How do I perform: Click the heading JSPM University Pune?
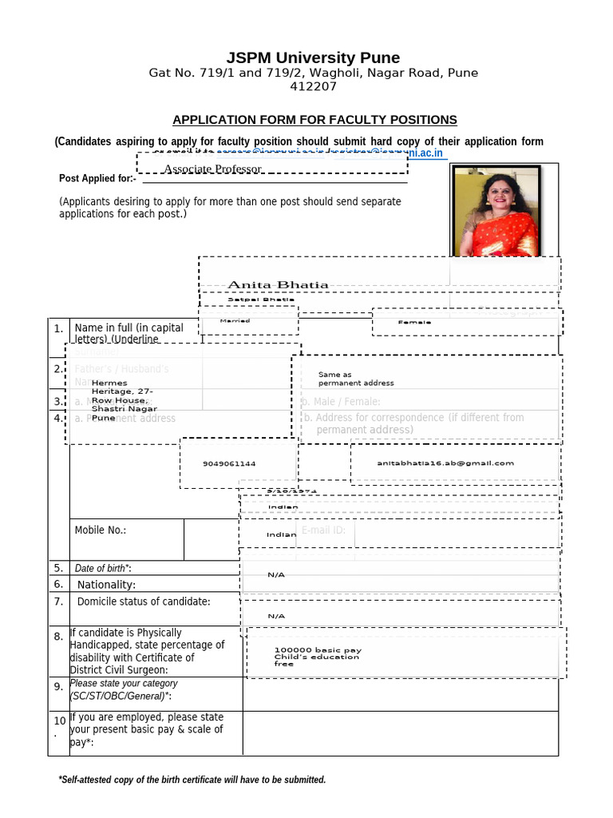[313, 58]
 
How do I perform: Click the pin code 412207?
[313, 86]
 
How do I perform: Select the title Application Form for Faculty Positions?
[315, 120]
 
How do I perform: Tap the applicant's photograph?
[496, 211]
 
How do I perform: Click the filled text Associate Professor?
[212, 169]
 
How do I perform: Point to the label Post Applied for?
[97, 178]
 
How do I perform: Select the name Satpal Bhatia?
[249, 300]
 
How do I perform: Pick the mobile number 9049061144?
[229, 463]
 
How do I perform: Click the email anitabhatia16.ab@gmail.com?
[445, 463]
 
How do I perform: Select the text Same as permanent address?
[355, 379]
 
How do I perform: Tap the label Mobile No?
[101, 530]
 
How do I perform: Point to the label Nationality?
[106, 585]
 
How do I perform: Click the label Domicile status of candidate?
[144, 602]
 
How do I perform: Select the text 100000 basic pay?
[317, 650]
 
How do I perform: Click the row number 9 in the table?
[58, 686]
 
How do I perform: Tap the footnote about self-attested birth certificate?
[192, 780]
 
